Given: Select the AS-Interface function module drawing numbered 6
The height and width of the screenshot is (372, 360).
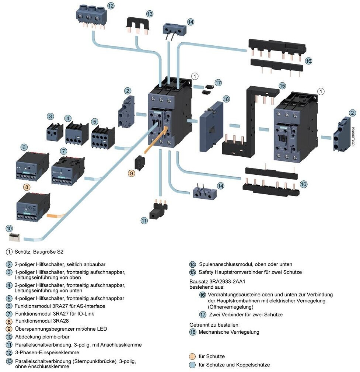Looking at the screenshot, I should tap(32, 166).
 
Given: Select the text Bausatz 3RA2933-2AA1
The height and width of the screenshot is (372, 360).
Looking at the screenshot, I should tap(217, 281).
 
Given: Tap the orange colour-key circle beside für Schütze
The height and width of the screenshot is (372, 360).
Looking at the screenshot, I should tap(192, 357).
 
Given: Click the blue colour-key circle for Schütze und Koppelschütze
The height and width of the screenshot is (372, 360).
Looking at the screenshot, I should tap(192, 365).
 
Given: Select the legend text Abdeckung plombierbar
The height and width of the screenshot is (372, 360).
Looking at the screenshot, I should tap(42, 337).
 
